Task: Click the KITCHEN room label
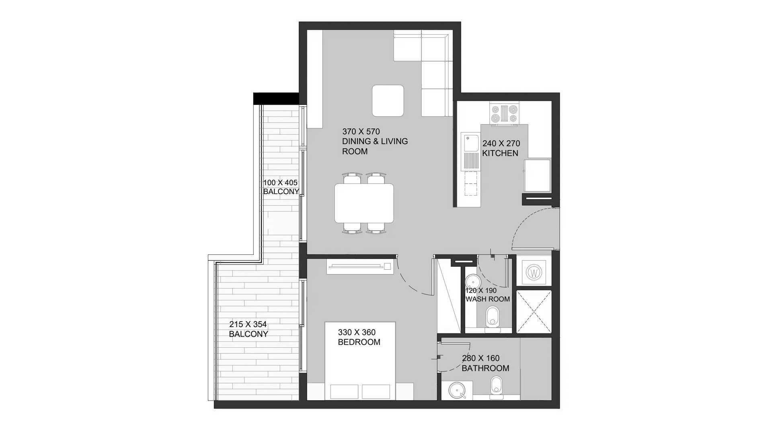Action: (500, 153)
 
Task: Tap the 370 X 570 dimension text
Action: (361, 131)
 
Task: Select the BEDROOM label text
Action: (359, 342)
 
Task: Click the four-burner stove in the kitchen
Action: (504, 113)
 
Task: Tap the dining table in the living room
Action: (364, 203)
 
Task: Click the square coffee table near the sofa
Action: (388, 100)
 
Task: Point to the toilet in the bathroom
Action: (497, 387)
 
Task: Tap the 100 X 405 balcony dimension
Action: (280, 183)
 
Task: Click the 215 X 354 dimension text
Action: (248, 324)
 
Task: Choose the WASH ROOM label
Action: (488, 299)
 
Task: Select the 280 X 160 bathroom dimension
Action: (481, 358)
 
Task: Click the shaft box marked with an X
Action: (534, 312)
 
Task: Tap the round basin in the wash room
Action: (471, 280)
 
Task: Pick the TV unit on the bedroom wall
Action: (360, 266)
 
